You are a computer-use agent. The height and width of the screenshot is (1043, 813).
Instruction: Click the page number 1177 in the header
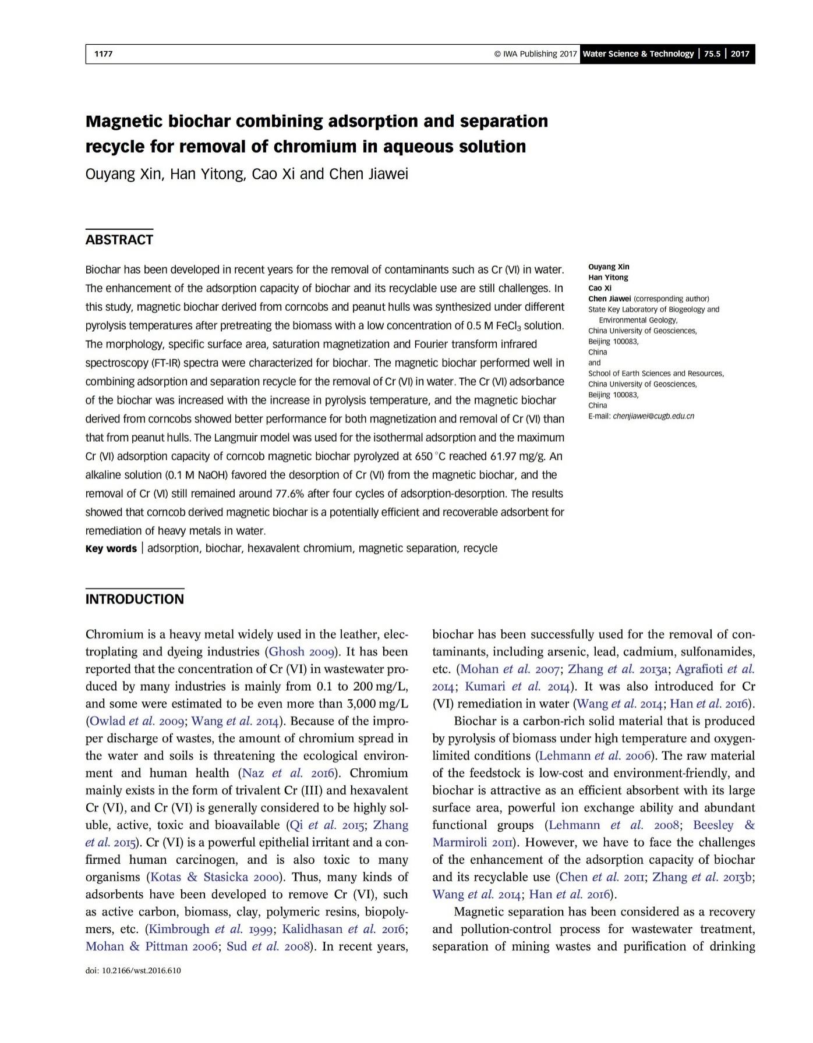[x=103, y=54]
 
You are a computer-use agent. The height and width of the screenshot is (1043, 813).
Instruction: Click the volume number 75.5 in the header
[x=712, y=54]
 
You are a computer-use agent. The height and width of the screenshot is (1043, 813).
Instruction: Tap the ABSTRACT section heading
[x=119, y=240]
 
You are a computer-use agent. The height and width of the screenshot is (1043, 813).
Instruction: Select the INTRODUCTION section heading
[x=135, y=599]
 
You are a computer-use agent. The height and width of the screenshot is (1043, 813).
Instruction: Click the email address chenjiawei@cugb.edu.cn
[x=653, y=416]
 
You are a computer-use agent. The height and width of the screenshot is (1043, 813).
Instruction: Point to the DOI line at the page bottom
[x=133, y=970]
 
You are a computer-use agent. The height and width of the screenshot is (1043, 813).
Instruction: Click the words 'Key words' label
[x=111, y=549]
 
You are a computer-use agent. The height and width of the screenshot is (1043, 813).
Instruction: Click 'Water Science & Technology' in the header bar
[x=638, y=54]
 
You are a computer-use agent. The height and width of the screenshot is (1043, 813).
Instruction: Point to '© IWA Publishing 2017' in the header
[x=535, y=54]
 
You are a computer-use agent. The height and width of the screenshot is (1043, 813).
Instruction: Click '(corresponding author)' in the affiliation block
[x=671, y=299]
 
